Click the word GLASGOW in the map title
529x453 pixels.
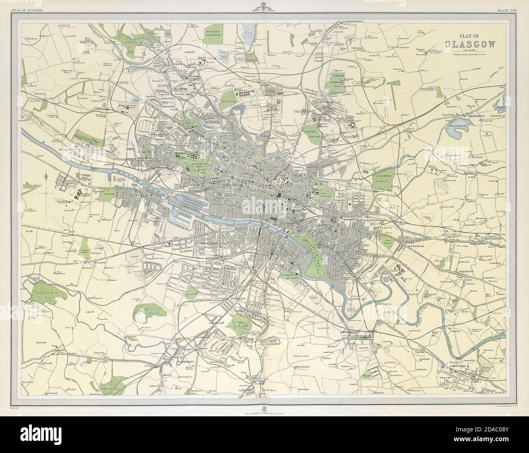point(470,44)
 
